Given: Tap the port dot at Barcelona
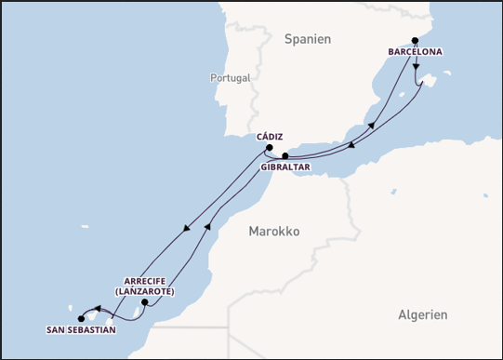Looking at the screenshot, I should pyautogui.click(x=416, y=41).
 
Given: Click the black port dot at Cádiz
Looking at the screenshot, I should pyautogui.click(x=269, y=147).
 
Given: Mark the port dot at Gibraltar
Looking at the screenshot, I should pyautogui.click(x=285, y=156).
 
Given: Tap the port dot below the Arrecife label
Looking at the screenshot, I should pyautogui.click(x=144, y=302).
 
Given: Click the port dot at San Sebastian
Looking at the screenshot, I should pyautogui.click(x=81, y=318).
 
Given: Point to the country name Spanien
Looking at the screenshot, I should pyautogui.click(x=308, y=39).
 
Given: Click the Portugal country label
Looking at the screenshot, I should pyautogui.click(x=230, y=78).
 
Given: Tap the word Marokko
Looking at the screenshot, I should pyautogui.click(x=274, y=232).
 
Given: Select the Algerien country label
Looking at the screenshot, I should pyautogui.click(x=422, y=314).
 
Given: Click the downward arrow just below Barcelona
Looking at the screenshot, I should pyautogui.click(x=416, y=67).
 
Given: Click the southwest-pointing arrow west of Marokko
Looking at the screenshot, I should pyautogui.click(x=189, y=228).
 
